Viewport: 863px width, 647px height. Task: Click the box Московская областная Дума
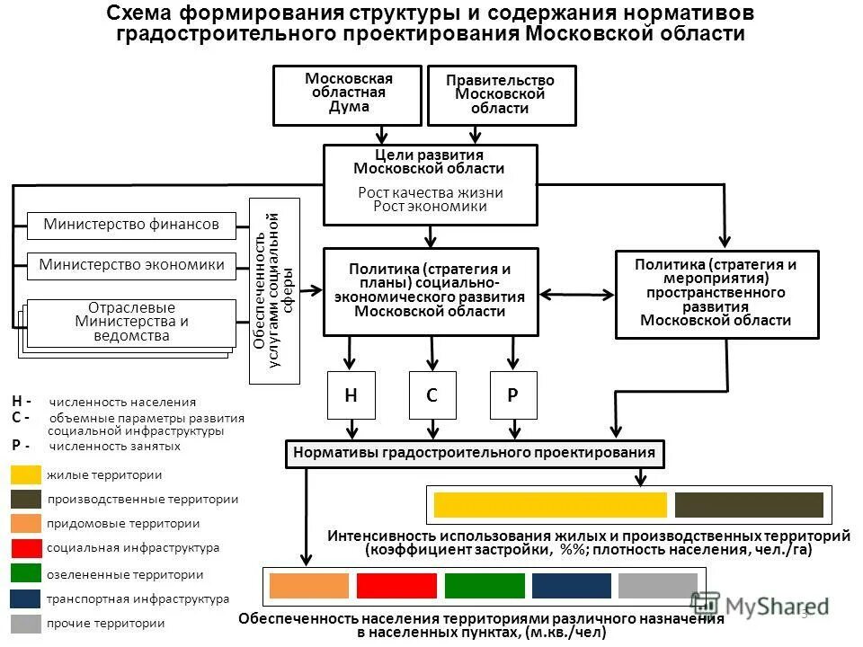point(347,95)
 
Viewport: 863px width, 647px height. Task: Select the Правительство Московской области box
point(501,95)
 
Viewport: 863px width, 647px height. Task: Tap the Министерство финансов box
point(131,225)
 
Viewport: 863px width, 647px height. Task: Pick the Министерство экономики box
point(131,264)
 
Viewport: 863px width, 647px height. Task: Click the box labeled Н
point(351,395)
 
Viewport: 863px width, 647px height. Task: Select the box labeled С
point(432,395)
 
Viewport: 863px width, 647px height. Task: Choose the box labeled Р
point(513,395)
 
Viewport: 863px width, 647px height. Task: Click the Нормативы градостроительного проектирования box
point(476,454)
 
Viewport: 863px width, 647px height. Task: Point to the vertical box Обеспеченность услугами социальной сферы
point(273,292)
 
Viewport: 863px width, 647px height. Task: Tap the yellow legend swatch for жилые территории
point(26,475)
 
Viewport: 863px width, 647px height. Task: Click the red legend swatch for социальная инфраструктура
point(26,548)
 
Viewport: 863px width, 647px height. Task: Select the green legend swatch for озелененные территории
point(26,574)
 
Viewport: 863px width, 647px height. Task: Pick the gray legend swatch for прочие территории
point(26,623)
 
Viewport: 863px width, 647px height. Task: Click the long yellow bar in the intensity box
point(550,505)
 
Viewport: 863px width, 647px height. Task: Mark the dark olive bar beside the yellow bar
point(749,505)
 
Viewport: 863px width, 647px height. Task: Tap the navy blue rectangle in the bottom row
point(571,586)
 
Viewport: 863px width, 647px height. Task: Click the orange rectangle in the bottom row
point(308,586)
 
